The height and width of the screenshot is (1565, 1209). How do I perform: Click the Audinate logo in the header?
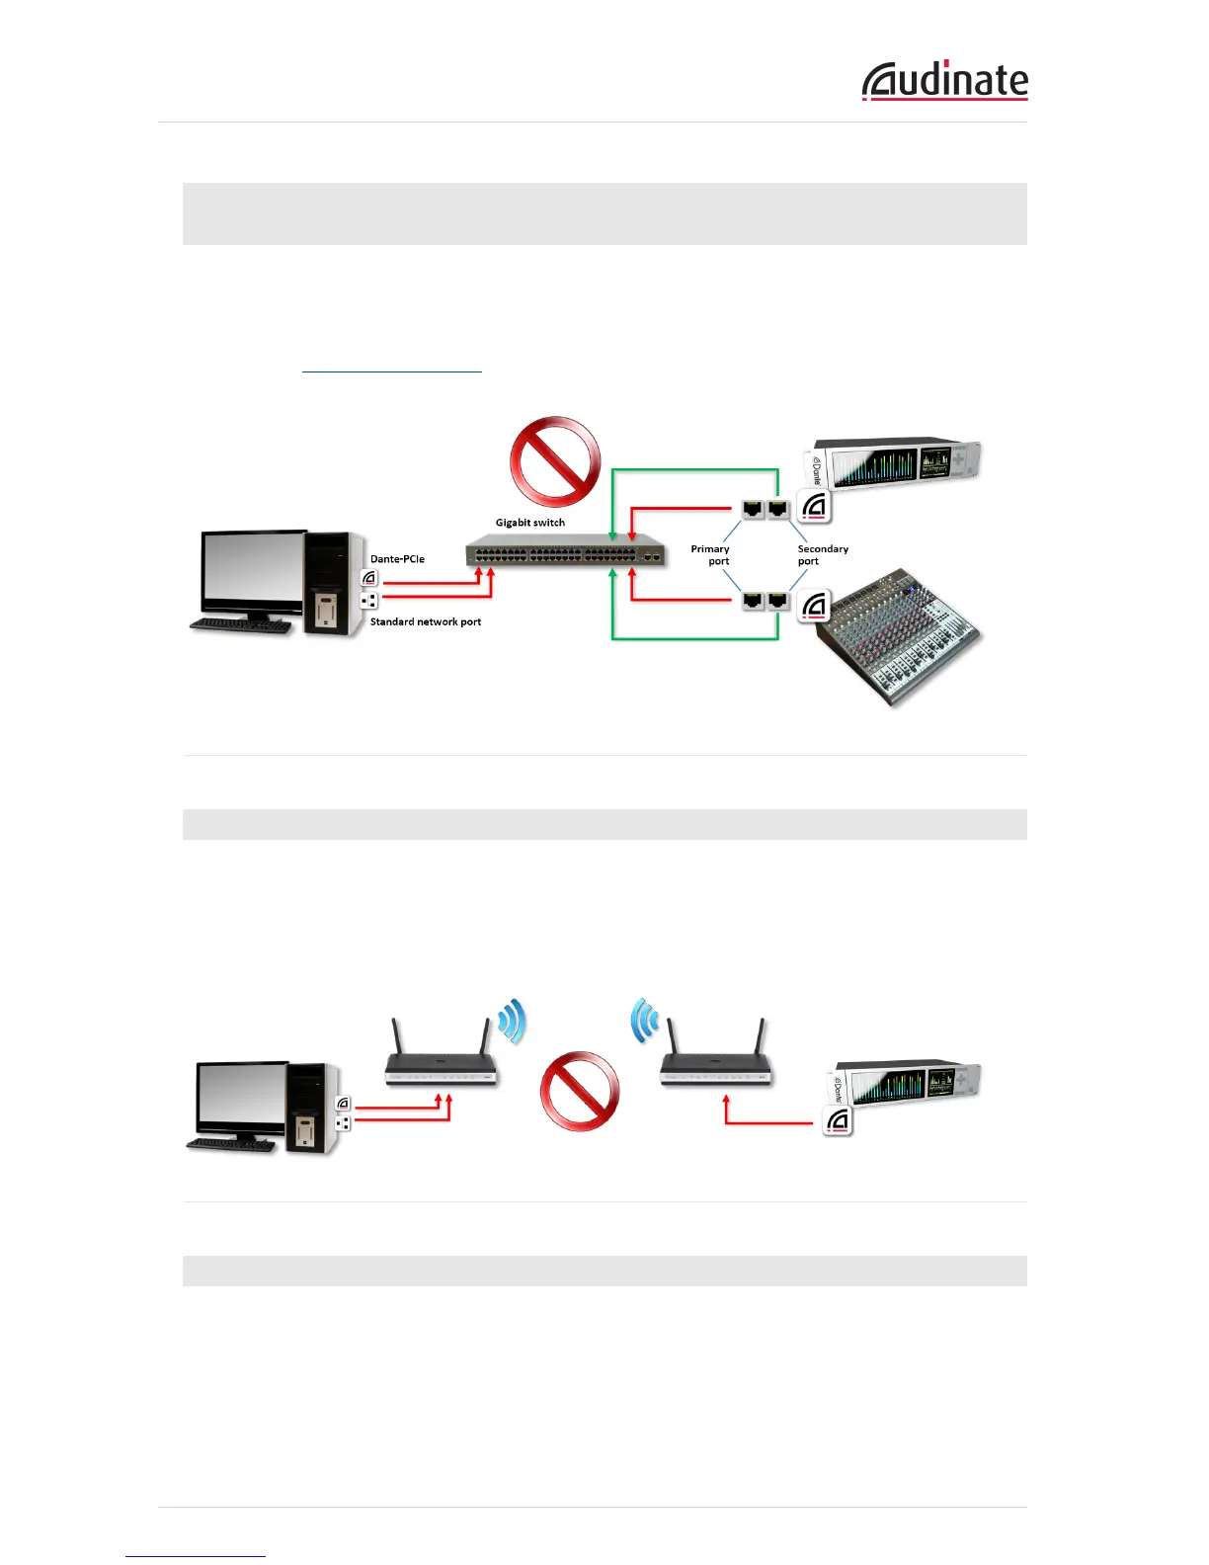(x=944, y=81)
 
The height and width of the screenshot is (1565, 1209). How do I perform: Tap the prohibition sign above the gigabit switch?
(x=555, y=460)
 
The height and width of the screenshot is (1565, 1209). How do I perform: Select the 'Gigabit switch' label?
(x=530, y=523)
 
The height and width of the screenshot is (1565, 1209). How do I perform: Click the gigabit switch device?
(x=565, y=555)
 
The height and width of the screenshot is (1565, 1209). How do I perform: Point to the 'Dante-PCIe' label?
(x=397, y=559)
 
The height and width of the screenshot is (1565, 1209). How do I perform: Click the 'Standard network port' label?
(x=426, y=622)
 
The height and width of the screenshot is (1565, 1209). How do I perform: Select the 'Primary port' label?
(x=711, y=555)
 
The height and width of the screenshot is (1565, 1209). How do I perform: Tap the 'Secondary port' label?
(x=821, y=555)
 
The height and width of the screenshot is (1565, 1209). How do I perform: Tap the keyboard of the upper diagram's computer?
(x=240, y=625)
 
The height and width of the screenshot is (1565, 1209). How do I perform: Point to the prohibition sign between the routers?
(x=579, y=1091)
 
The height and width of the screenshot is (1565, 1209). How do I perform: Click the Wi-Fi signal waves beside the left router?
(x=513, y=1022)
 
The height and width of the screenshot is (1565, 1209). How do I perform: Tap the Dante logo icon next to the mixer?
(x=814, y=606)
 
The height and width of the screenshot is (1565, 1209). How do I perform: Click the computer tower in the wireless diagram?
(x=315, y=1107)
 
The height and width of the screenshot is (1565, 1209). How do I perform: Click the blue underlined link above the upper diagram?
(x=391, y=367)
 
